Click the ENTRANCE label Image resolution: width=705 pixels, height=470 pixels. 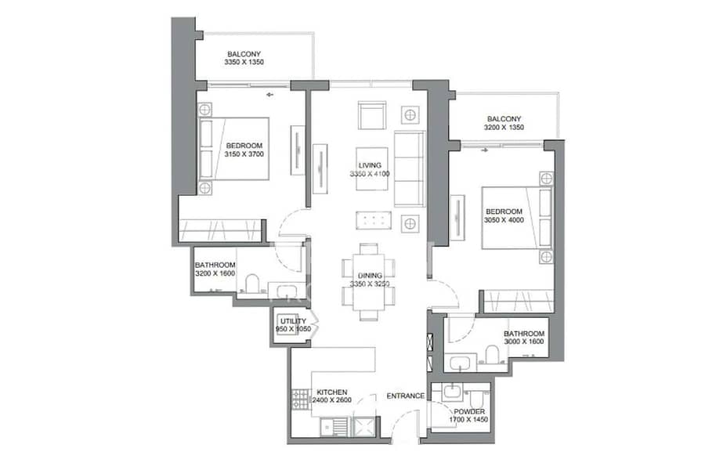tap(406, 396)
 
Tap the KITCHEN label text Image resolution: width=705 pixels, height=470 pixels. tap(332, 392)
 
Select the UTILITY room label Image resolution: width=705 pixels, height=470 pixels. tap(293, 321)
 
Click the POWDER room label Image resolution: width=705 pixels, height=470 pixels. tap(469, 411)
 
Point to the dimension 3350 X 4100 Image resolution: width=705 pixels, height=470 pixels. tap(370, 174)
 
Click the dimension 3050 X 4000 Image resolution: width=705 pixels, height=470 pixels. tap(504, 220)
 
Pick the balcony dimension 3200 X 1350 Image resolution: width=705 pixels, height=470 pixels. tap(504, 127)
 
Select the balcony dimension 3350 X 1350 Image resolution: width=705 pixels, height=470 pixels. tap(244, 62)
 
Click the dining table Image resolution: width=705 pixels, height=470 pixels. tap(369, 282)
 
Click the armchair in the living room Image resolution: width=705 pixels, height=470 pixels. tap(372, 115)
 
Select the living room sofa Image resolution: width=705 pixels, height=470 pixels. tap(410, 169)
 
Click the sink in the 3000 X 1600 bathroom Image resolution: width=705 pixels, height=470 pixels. tap(460, 363)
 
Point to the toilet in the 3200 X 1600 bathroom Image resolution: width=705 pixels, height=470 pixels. tap(252, 284)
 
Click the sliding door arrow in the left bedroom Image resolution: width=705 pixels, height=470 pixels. tap(269, 95)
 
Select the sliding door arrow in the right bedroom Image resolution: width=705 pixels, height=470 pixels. tap(484, 150)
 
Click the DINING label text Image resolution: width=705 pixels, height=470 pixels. tap(370, 275)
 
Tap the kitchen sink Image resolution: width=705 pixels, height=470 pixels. tap(334, 426)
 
